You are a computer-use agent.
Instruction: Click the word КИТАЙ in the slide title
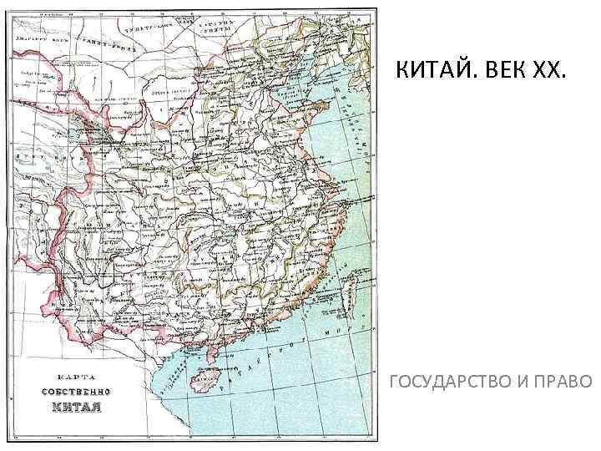coord(438,73)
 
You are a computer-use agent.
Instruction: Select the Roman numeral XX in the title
coord(550,73)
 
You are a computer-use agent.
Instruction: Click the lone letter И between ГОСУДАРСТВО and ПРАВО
coord(523,383)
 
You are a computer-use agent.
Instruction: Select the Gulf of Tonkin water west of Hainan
coord(179,376)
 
